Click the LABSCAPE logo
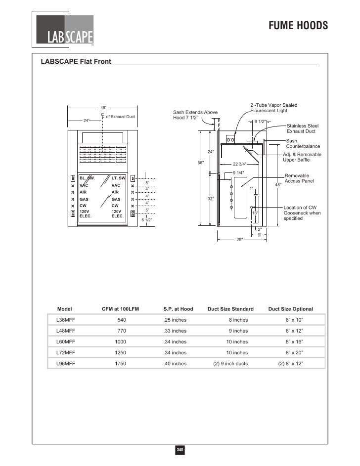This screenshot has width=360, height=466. point(64,31)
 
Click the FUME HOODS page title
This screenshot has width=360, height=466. point(298,26)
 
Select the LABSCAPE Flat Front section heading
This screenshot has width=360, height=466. point(76,62)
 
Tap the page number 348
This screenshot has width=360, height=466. point(180,450)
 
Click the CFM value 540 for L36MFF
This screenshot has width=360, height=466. point(122,320)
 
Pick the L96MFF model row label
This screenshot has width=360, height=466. point(66,363)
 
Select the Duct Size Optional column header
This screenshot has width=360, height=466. point(290,309)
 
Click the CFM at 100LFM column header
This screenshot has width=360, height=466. point(120,309)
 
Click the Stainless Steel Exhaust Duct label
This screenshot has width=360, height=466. point(303,128)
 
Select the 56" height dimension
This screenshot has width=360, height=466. point(200,162)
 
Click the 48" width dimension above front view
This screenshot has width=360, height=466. point(103,107)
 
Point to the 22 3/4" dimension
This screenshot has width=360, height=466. point(239,164)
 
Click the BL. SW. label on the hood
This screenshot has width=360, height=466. point(87,177)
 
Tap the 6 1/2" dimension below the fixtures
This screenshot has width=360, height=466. point(147,220)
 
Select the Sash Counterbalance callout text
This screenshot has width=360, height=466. point(303,144)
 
